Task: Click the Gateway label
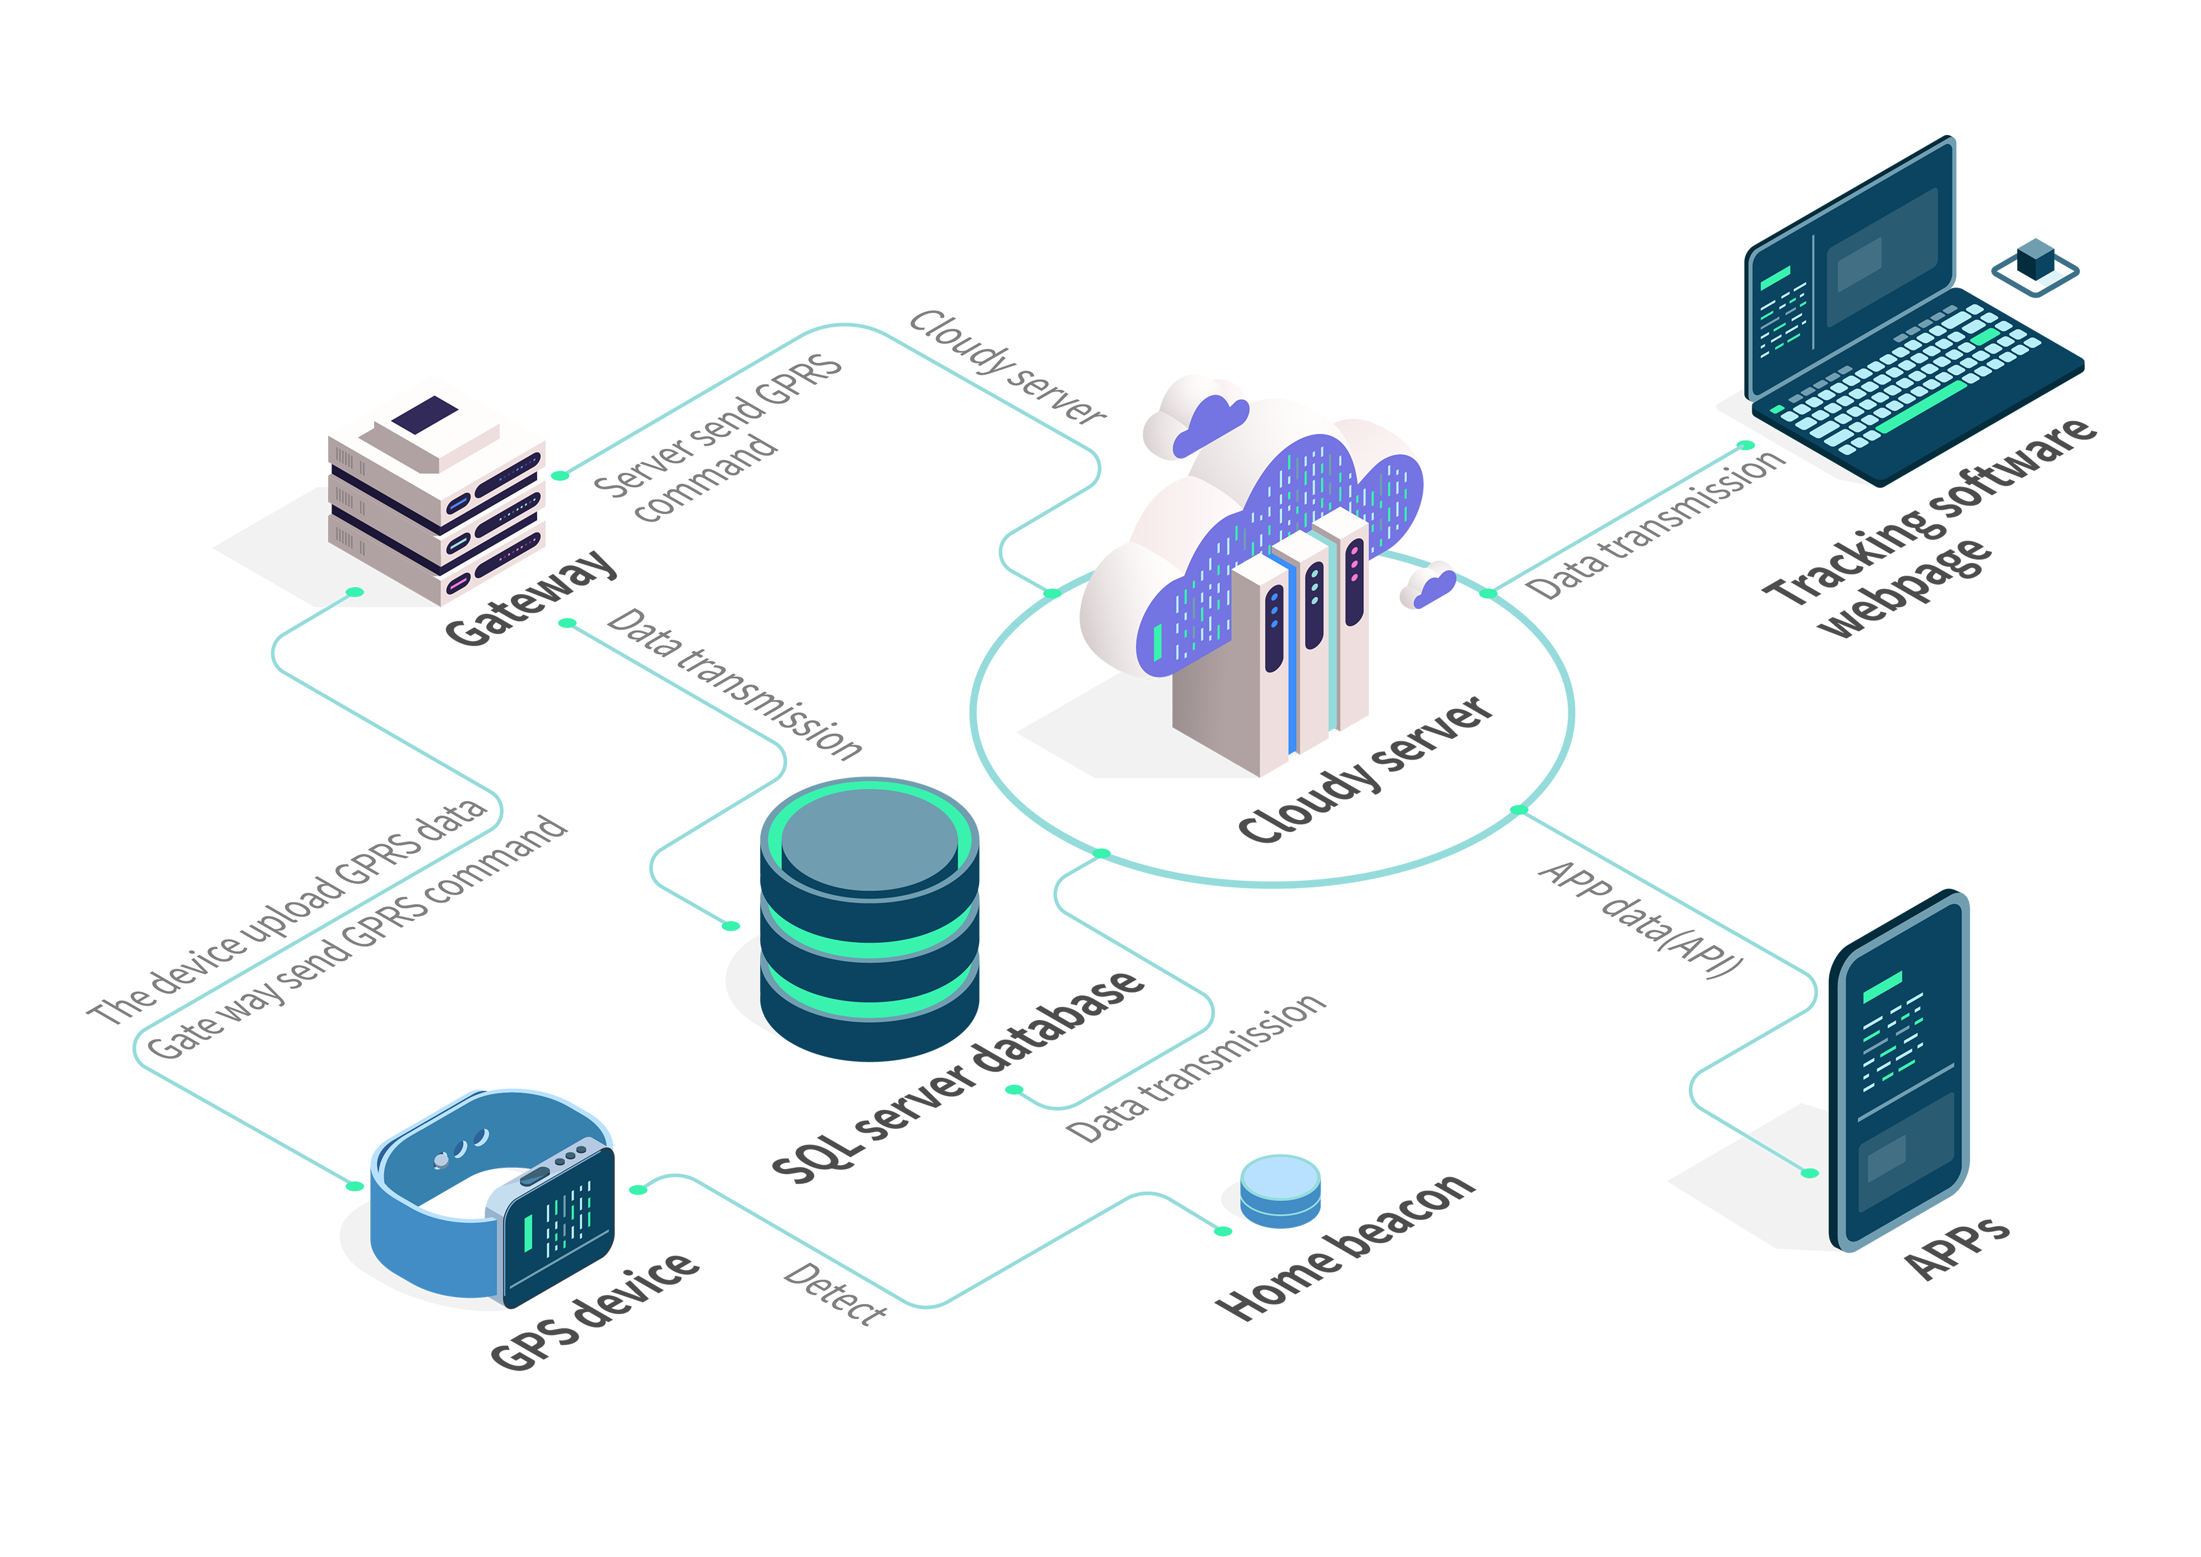tap(531, 596)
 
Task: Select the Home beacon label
tap(1344, 1246)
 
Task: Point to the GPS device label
tap(594, 1312)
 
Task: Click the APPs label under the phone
tap(1956, 1248)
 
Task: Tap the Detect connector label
tap(835, 1295)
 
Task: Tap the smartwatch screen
tap(559, 1222)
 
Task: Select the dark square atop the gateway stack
tap(425, 414)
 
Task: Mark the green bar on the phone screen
tap(1882, 988)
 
